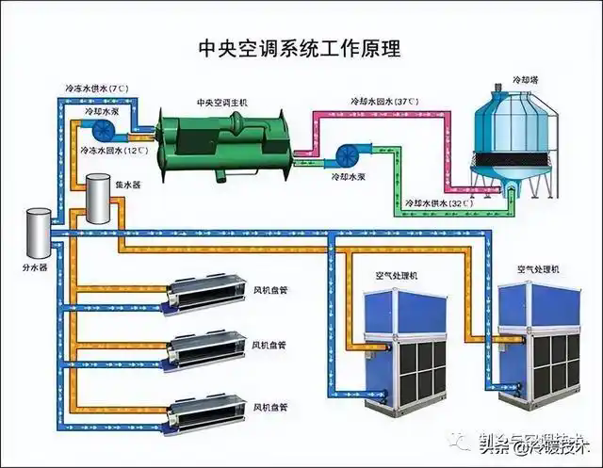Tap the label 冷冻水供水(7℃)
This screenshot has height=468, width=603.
(97, 89)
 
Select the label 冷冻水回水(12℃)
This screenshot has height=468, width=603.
(114, 151)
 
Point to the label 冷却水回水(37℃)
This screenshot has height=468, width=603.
(380, 101)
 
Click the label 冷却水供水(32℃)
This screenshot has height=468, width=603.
(437, 203)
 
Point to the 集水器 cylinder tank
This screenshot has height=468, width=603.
(98, 200)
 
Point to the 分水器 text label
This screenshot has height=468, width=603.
(34, 266)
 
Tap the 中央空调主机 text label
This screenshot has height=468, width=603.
(220, 102)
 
